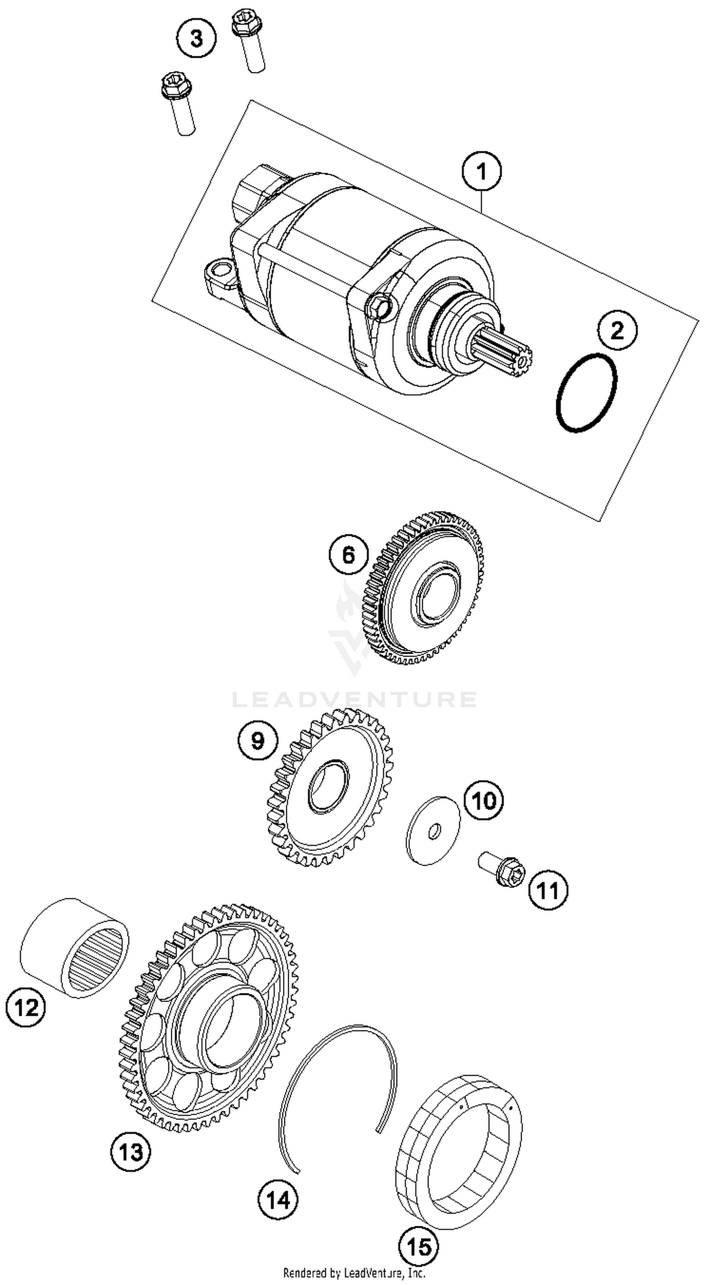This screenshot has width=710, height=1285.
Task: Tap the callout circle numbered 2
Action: [x=617, y=330]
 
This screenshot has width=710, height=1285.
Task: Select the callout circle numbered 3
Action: [x=196, y=38]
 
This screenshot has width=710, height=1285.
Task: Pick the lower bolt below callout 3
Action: [x=178, y=103]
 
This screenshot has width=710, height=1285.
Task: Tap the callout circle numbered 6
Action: [x=348, y=554]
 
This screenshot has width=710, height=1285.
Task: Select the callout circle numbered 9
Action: [x=257, y=740]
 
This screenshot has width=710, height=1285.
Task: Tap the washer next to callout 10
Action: [x=433, y=830]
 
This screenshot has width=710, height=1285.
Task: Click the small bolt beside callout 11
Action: [x=502, y=870]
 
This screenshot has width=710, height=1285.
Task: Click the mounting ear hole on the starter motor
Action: [x=218, y=272]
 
